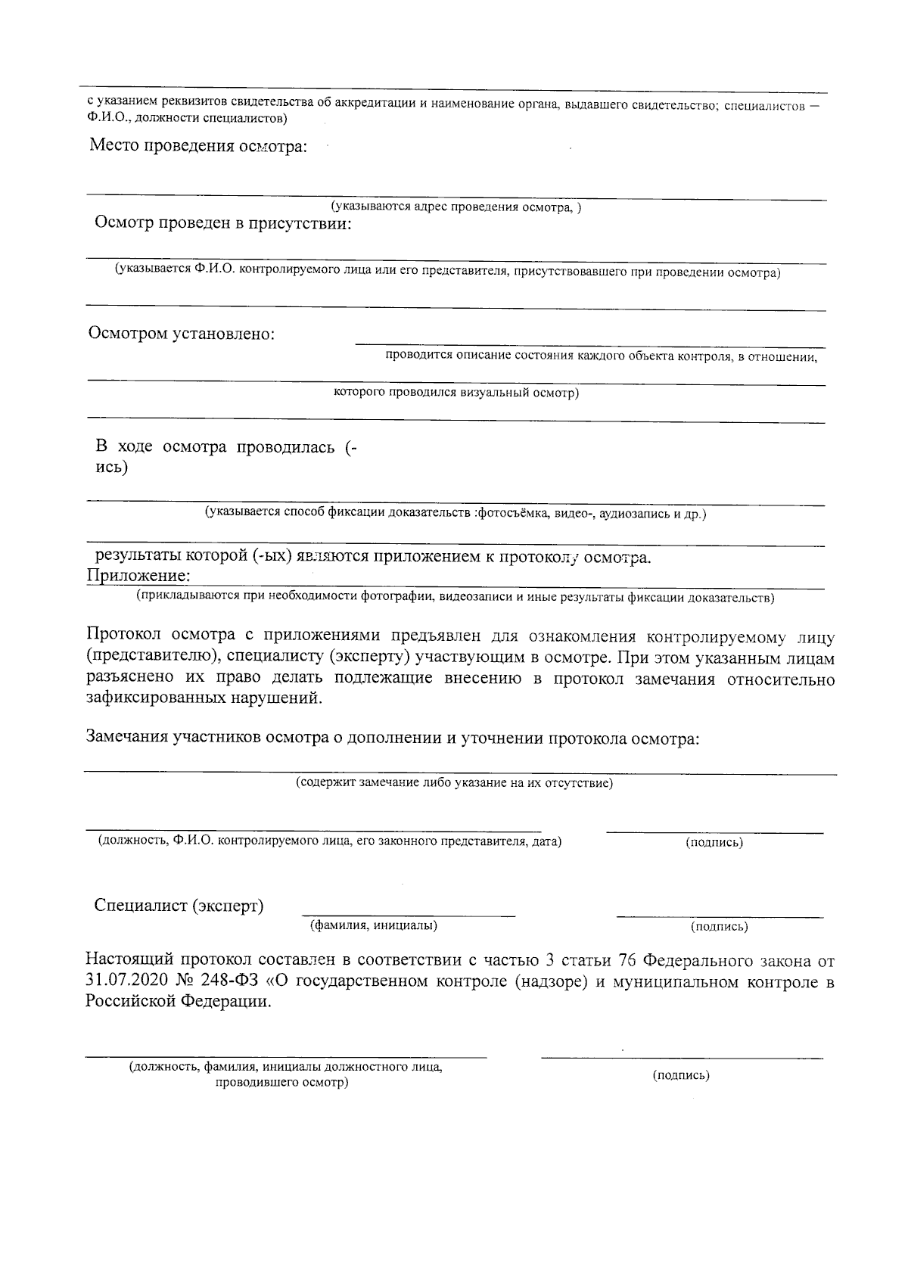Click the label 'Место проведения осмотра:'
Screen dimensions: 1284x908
[198, 146]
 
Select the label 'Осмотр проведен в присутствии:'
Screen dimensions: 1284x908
[222, 223]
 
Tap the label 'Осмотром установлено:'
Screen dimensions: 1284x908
[182, 333]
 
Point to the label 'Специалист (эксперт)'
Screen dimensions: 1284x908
[179, 906]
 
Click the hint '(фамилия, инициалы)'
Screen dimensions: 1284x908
[374, 925]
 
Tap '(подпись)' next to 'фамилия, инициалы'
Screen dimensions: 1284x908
[719, 926]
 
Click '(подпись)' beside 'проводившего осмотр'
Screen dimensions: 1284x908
[680, 1075]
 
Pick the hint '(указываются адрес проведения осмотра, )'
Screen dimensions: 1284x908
[456, 207]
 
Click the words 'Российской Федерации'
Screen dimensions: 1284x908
[177, 1003]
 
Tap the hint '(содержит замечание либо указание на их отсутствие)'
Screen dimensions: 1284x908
[454, 782]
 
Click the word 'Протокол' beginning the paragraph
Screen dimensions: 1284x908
[124, 636]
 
